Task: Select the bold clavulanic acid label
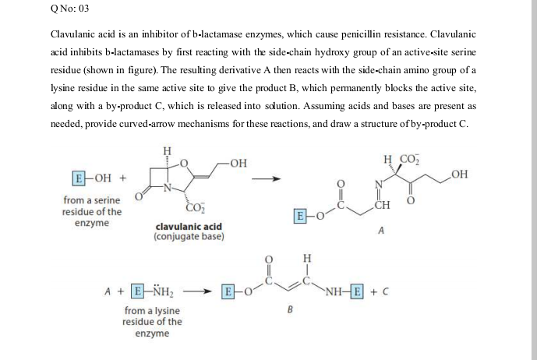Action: point(189,227)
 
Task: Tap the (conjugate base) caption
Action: point(189,236)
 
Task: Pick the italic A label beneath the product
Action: point(380,231)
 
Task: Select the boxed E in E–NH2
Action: point(139,293)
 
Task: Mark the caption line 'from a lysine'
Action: point(152,311)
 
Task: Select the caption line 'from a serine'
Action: point(93,201)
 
